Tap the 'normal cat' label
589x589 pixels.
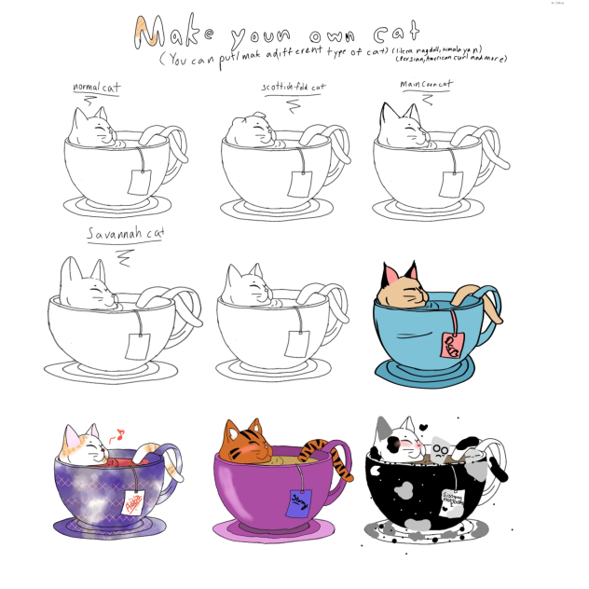96,89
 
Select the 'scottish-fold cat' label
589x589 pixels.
293,88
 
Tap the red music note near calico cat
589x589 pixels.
117,433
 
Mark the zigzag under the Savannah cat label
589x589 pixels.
123,254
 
